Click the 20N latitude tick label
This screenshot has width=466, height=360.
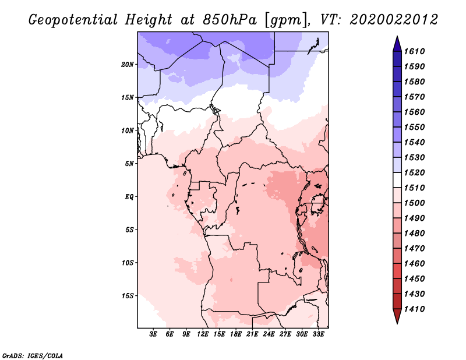(128, 65)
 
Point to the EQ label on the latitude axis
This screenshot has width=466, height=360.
(129, 197)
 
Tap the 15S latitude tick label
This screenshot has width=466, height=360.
(128, 296)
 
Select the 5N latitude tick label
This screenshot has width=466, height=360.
(129, 164)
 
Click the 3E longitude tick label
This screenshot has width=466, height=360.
(153, 334)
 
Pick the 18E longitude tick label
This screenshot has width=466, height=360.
(236, 334)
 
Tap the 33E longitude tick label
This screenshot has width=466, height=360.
(318, 334)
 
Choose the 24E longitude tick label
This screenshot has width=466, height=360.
(269, 334)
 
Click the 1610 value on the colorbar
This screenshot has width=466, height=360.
(415, 51)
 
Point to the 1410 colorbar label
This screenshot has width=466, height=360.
(415, 309)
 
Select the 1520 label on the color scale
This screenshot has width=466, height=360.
(415, 172)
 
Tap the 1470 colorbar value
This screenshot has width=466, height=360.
(415, 249)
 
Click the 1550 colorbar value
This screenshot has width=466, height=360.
(415, 127)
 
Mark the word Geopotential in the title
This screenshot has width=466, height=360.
(73, 20)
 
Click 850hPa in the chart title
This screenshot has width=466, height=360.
(230, 20)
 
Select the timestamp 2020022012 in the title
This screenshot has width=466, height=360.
(394, 20)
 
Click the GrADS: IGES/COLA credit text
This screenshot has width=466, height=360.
(33, 356)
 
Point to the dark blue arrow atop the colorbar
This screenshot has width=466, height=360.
(397, 44)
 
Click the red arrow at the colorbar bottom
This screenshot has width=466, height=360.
(397, 316)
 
